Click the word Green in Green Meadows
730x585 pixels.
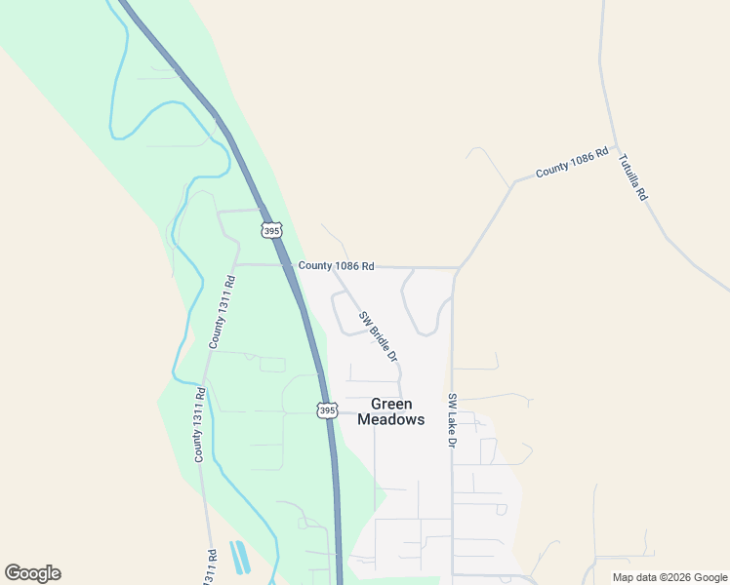point(391,404)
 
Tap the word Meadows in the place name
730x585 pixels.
point(391,419)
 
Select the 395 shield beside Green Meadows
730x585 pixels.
point(327,410)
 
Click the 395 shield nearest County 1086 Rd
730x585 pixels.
point(271,230)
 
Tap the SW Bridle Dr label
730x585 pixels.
point(378,336)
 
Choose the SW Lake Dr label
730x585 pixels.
point(453,421)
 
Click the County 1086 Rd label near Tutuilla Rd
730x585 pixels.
point(572,162)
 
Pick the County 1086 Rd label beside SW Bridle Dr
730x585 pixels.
point(336,265)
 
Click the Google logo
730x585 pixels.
point(32,573)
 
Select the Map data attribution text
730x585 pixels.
point(669,577)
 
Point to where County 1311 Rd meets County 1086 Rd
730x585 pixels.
point(234,264)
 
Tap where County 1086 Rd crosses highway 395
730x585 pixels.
point(290,264)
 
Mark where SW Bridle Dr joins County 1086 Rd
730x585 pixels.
point(332,267)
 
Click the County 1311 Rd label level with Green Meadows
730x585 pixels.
point(198,425)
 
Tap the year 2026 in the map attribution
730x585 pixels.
point(675,577)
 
